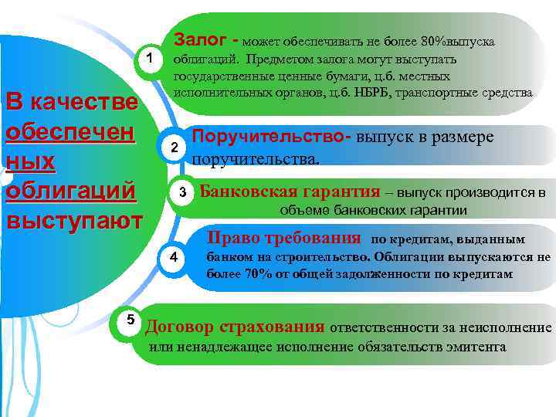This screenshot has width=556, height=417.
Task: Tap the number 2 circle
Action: tap(175, 147)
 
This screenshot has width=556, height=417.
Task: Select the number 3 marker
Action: tap(184, 191)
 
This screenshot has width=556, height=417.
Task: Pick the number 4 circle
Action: tap(175, 257)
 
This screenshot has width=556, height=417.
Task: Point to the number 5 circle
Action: tap(131, 319)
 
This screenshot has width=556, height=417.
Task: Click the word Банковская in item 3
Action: tap(245, 192)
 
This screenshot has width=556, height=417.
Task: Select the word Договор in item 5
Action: tap(180, 327)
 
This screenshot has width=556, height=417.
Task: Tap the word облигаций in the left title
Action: tap(70, 190)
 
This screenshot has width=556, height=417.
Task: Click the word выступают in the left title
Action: tap(73, 219)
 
